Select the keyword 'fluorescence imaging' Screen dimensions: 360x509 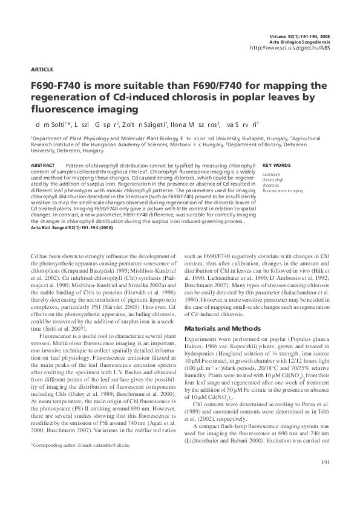click(x=283, y=190)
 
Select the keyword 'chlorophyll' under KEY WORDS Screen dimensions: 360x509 click(x=273, y=180)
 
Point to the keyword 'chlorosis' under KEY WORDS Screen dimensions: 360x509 click(x=271, y=185)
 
